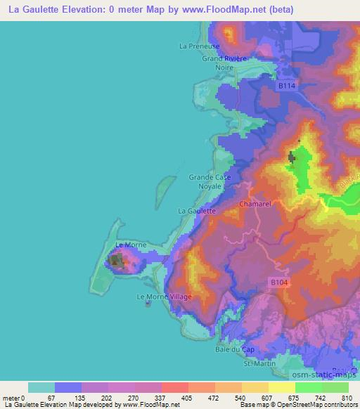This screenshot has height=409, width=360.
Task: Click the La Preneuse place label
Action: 200,46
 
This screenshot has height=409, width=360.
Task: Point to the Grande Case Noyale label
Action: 210,182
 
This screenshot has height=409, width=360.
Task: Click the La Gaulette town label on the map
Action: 197,210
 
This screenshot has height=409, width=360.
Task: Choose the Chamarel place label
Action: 255,204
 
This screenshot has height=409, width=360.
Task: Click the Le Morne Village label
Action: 164,297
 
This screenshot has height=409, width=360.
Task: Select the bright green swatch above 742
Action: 308,387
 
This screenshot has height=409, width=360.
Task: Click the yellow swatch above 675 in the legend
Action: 281,387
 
